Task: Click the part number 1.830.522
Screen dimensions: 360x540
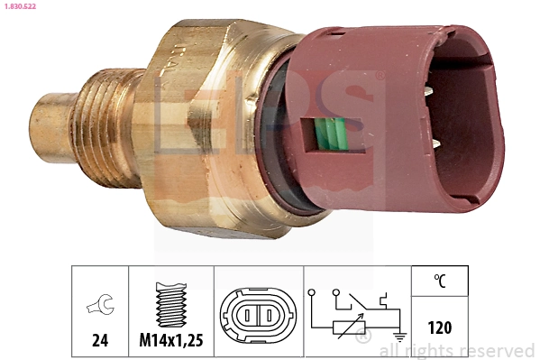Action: click(x=22, y=7)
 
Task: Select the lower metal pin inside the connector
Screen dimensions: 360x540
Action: click(x=436, y=143)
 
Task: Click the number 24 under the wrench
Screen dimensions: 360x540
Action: click(x=100, y=341)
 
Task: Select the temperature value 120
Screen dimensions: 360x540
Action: click(x=441, y=328)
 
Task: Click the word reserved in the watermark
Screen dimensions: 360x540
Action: click(x=498, y=351)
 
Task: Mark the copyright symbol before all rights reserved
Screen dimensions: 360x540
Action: click(x=364, y=338)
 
